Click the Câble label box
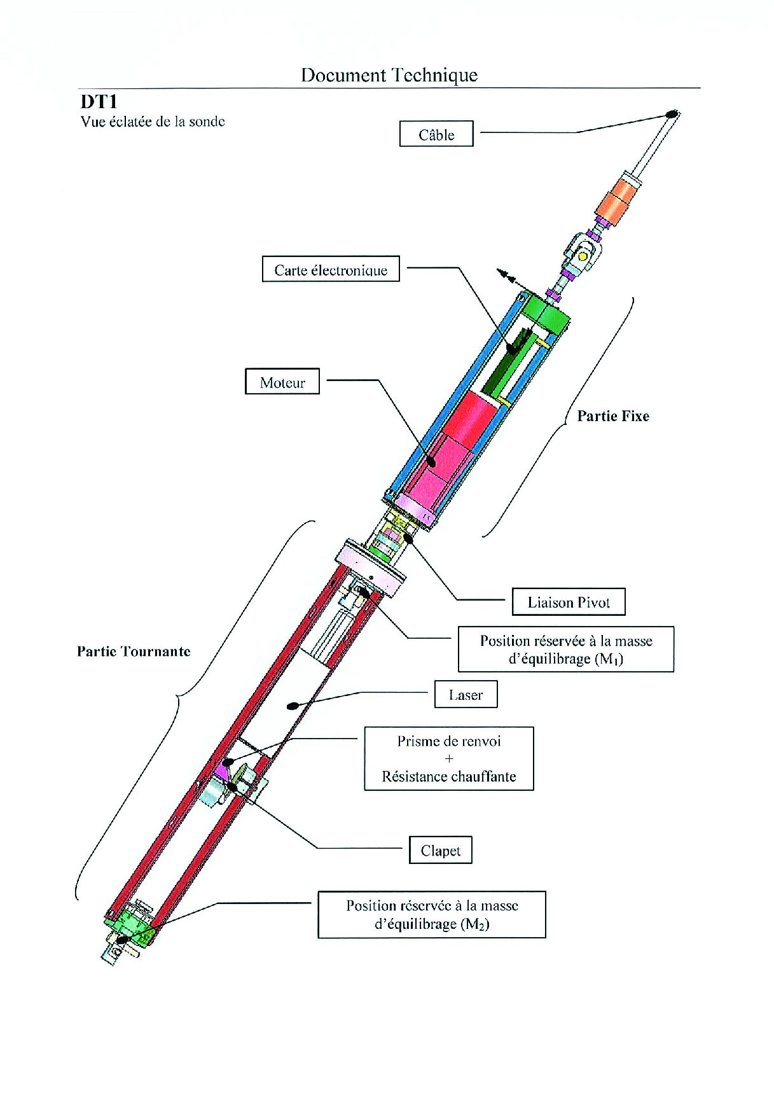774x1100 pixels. (x=436, y=134)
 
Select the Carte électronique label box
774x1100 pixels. (x=331, y=270)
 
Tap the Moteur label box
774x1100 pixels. (x=282, y=382)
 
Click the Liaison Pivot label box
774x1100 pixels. (x=569, y=602)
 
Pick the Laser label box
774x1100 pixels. (x=466, y=695)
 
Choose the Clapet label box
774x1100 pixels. (x=440, y=851)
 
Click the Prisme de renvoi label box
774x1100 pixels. (x=448, y=758)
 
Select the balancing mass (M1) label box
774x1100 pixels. (x=565, y=650)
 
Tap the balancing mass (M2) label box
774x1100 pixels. (x=432, y=914)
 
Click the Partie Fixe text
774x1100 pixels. (x=613, y=416)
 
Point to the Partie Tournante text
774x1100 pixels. (x=134, y=651)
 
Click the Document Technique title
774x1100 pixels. (x=389, y=75)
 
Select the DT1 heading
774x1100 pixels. (x=99, y=102)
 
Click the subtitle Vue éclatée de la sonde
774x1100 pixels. (x=153, y=122)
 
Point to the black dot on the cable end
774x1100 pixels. (x=670, y=114)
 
